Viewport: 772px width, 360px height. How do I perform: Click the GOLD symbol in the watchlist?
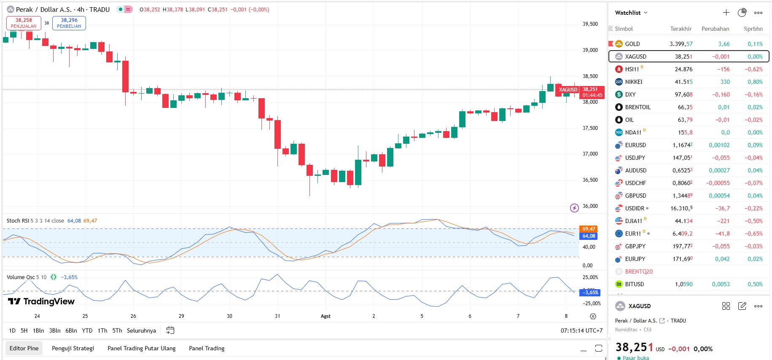[632, 44]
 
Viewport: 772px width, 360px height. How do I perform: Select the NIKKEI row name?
[633, 82]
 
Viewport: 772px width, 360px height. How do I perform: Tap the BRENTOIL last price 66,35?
[685, 107]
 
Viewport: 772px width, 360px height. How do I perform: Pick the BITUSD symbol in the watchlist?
[634, 284]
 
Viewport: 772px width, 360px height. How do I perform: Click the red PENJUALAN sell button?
[24, 23]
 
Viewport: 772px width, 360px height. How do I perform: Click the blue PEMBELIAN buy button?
[69, 23]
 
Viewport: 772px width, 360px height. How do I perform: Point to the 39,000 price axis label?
[590, 50]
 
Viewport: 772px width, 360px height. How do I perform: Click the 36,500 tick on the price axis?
[590, 180]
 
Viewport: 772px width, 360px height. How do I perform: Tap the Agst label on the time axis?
[325, 316]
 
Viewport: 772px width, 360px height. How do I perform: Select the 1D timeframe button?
[12, 330]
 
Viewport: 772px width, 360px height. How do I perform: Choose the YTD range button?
[87, 330]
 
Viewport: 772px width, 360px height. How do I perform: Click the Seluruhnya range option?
[141, 330]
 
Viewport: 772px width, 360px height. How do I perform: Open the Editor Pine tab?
[24, 348]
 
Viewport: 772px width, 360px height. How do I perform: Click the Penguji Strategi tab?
[73, 348]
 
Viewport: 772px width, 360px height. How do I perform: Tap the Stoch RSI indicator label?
[18, 220]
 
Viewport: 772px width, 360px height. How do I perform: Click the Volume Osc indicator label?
[21, 277]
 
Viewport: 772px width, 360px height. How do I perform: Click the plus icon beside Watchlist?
[726, 13]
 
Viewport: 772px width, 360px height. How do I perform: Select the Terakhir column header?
[681, 29]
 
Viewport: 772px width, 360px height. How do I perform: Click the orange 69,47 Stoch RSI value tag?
[588, 229]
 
